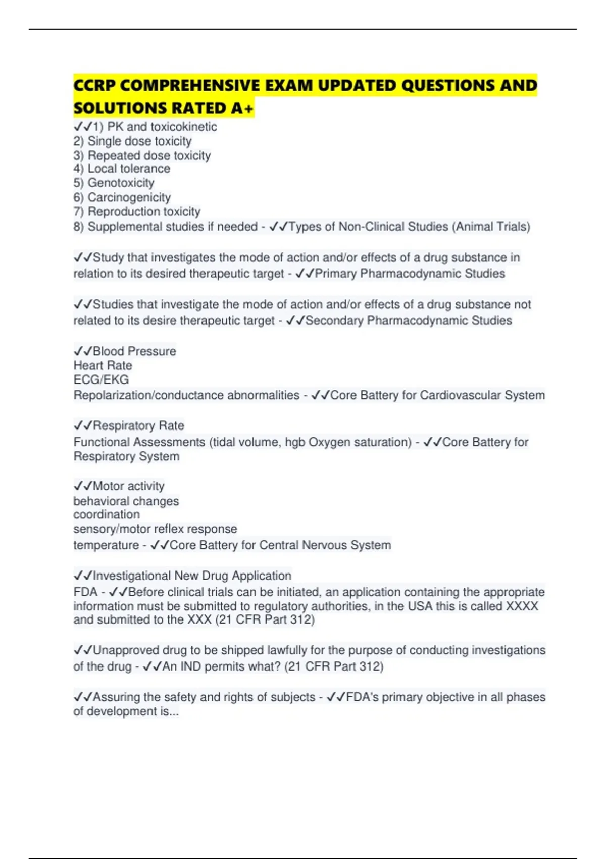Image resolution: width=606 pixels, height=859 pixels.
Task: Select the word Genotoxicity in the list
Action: click(x=121, y=183)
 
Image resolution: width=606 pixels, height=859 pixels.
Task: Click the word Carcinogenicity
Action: click(x=129, y=197)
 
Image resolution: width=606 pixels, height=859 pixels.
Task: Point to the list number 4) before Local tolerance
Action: click(x=78, y=169)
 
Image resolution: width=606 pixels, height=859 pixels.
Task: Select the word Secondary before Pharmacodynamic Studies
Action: click(x=334, y=321)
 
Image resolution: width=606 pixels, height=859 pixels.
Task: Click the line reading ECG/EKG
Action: click(x=101, y=379)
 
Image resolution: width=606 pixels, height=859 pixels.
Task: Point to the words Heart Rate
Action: click(x=103, y=365)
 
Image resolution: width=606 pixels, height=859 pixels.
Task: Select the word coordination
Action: click(x=107, y=514)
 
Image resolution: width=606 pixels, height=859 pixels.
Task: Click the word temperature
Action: click(x=106, y=545)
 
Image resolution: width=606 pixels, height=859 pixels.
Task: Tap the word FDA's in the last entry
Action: click(x=362, y=697)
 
